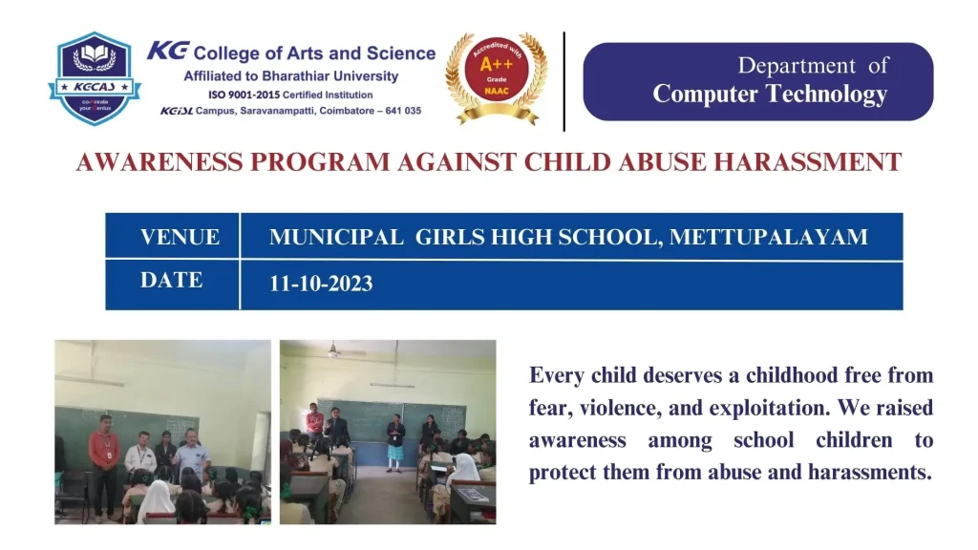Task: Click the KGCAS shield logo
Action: (95, 79)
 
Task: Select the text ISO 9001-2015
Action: (244, 95)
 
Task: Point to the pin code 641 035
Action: (404, 111)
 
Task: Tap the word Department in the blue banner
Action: (797, 66)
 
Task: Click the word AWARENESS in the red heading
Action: (159, 162)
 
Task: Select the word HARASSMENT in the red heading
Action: (808, 162)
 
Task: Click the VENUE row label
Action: (180, 237)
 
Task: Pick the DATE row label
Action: (172, 281)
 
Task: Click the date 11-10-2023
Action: (321, 284)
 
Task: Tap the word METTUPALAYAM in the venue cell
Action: (769, 237)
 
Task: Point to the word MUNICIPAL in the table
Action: (336, 237)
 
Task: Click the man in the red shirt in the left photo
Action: (104, 466)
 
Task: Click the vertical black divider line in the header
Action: (563, 82)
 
